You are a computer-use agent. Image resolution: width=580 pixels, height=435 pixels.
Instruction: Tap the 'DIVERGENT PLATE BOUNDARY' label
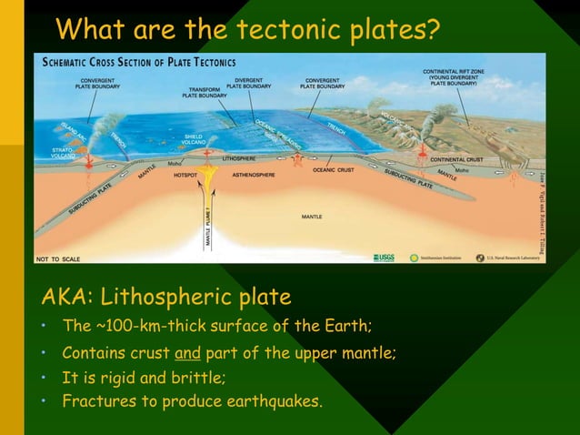pos(248,83)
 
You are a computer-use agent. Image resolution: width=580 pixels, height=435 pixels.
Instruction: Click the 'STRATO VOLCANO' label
pos(62,152)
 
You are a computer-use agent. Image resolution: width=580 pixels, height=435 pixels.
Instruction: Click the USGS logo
pos(382,258)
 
